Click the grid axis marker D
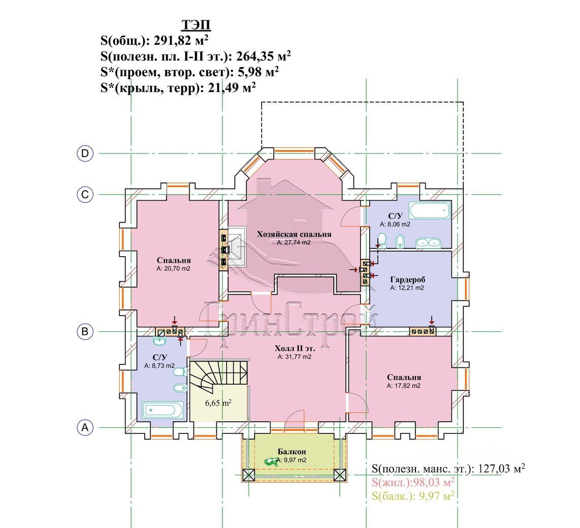coord(85,153)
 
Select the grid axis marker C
coord(85,195)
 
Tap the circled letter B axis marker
coord(85,331)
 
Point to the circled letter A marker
coord(85,427)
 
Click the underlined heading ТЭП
coord(196,25)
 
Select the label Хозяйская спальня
coord(294,234)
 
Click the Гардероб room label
coord(408,279)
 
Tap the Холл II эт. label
coord(295,349)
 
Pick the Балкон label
coord(292,452)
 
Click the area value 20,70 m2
coord(176,269)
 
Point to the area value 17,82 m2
coord(407,386)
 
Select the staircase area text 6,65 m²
coord(218,402)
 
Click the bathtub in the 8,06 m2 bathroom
coord(430,210)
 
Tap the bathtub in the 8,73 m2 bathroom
coord(162,411)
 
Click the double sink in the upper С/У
coord(428,243)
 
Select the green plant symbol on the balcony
coord(271,461)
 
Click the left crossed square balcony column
coord(248,475)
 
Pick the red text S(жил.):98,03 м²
coord(413,482)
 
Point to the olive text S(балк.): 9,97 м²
coord(413,496)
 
